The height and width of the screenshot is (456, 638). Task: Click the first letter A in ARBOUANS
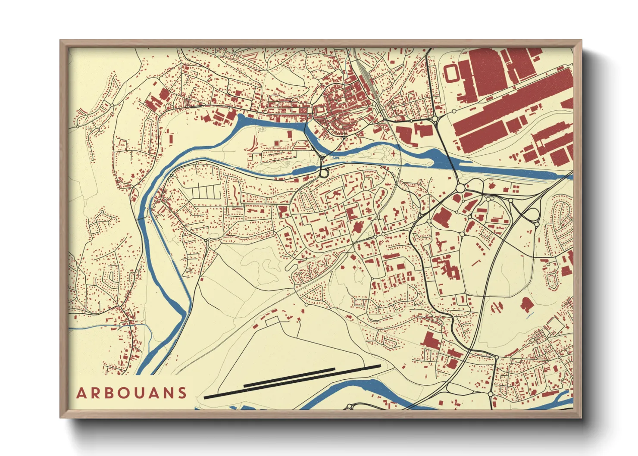tap(81, 393)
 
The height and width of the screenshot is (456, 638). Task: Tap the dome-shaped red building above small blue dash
tap(526, 304)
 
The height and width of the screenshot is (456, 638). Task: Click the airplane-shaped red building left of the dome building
tap(497, 307)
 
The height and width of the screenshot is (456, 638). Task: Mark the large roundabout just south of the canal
tap(460, 188)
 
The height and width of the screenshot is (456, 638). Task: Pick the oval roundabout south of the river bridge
tap(323, 173)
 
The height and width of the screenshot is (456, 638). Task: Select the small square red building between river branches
tap(170, 139)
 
